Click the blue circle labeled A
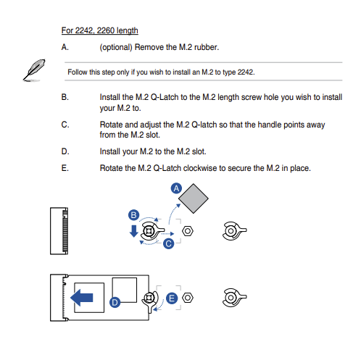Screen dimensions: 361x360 coord(176,188)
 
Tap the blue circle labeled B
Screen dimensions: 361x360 coord(133,215)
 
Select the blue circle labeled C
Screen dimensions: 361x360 coord(169,243)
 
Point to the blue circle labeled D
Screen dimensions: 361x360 coord(115,302)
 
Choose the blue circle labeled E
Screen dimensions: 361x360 coord(172,298)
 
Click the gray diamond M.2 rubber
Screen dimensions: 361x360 coord(194,198)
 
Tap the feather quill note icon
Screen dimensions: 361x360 coord(34,70)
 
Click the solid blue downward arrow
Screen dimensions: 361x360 coord(133,231)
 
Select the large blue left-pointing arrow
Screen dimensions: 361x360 coord(81,298)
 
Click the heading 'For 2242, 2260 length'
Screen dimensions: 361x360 coord(100,30)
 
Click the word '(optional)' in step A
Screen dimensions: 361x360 coord(116,47)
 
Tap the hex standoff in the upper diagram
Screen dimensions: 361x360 coord(188,231)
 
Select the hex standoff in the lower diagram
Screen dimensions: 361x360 coord(188,298)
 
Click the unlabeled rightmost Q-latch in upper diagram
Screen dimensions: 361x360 coord(234,231)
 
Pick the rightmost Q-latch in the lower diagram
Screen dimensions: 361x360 coord(234,298)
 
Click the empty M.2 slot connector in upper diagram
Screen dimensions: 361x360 coord(59,231)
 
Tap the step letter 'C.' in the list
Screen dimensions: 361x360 coord(65,125)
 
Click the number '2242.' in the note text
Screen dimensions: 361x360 coord(246,72)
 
